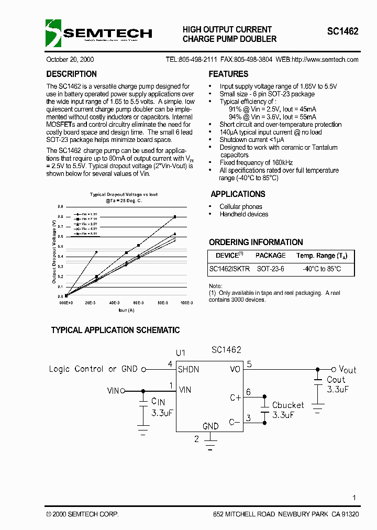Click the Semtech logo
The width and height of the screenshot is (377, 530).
pyautogui.click(x=99, y=34)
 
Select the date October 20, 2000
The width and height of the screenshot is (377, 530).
pyautogui.click(x=70, y=60)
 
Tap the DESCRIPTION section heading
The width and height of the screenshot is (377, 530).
pyautogui.click(x=71, y=74)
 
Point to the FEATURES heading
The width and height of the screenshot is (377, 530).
pyautogui.click(x=228, y=74)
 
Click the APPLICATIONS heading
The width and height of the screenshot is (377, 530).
pyautogui.click(x=238, y=194)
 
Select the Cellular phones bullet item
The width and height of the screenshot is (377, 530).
pyautogui.click(x=241, y=207)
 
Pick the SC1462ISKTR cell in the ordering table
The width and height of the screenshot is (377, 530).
pyautogui.click(x=229, y=269)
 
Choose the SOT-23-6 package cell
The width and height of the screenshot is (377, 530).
pyautogui.click(x=270, y=269)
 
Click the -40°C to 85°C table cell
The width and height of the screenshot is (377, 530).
pyautogui.click(x=321, y=269)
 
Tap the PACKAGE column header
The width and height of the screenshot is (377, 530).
pyautogui.click(x=270, y=256)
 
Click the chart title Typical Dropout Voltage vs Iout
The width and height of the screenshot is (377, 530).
pyautogui.click(x=124, y=195)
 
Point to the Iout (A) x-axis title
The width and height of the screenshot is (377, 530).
pyautogui.click(x=126, y=311)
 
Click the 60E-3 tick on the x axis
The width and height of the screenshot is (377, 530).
pyautogui.click(x=138, y=303)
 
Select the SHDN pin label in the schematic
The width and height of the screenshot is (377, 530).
pyautogui.click(x=188, y=369)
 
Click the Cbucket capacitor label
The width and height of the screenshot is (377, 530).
pyautogui.click(x=288, y=405)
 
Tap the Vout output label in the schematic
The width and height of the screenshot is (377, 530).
pyautogui.click(x=347, y=369)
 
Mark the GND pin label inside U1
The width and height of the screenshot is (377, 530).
pyautogui.click(x=210, y=426)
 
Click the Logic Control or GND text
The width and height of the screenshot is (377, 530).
pyautogui.click(x=93, y=369)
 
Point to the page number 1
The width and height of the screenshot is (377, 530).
pyautogui.click(x=354, y=498)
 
